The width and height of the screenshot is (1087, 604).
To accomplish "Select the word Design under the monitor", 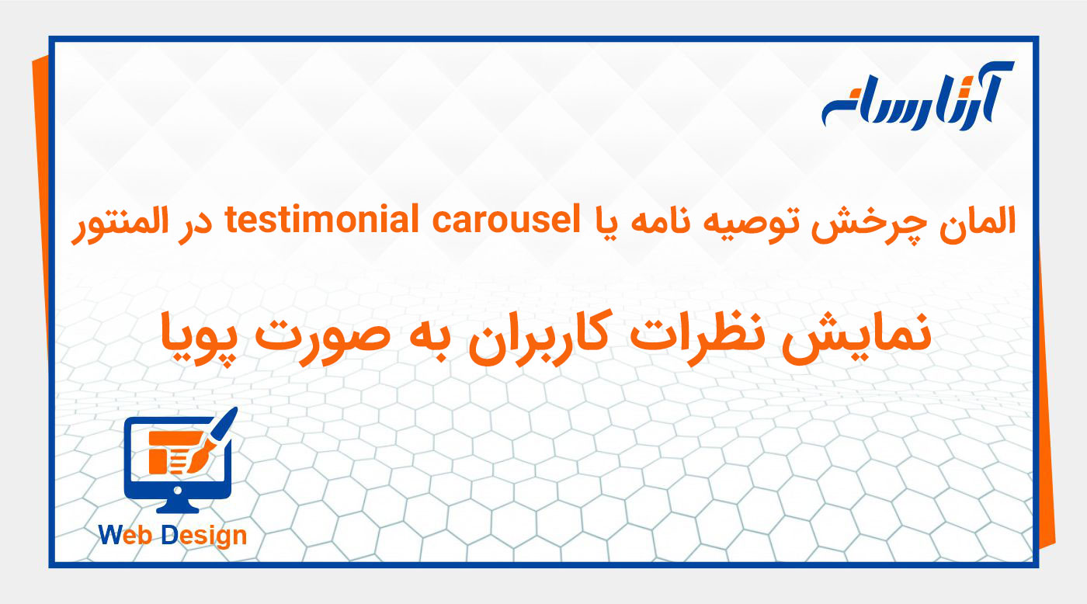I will click(204, 536).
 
